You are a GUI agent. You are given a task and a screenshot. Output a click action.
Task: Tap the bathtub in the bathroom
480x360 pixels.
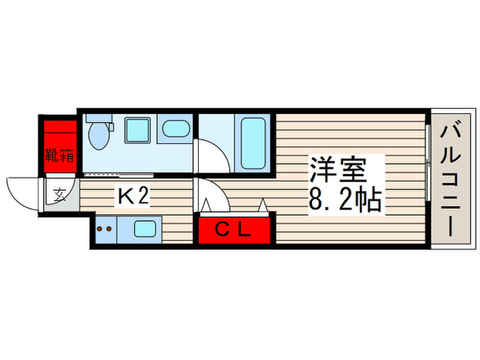254,143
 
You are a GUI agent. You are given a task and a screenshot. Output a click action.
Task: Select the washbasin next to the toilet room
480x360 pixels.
176,128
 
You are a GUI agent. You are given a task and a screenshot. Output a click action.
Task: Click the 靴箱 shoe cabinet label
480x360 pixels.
60,154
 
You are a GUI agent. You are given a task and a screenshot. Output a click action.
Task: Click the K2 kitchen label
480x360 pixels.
133,197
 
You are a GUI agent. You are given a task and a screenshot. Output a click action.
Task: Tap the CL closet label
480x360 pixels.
235,229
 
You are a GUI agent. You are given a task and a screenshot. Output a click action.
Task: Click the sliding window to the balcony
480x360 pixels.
427,179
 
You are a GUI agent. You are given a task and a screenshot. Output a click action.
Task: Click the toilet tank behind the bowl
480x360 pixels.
95,118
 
